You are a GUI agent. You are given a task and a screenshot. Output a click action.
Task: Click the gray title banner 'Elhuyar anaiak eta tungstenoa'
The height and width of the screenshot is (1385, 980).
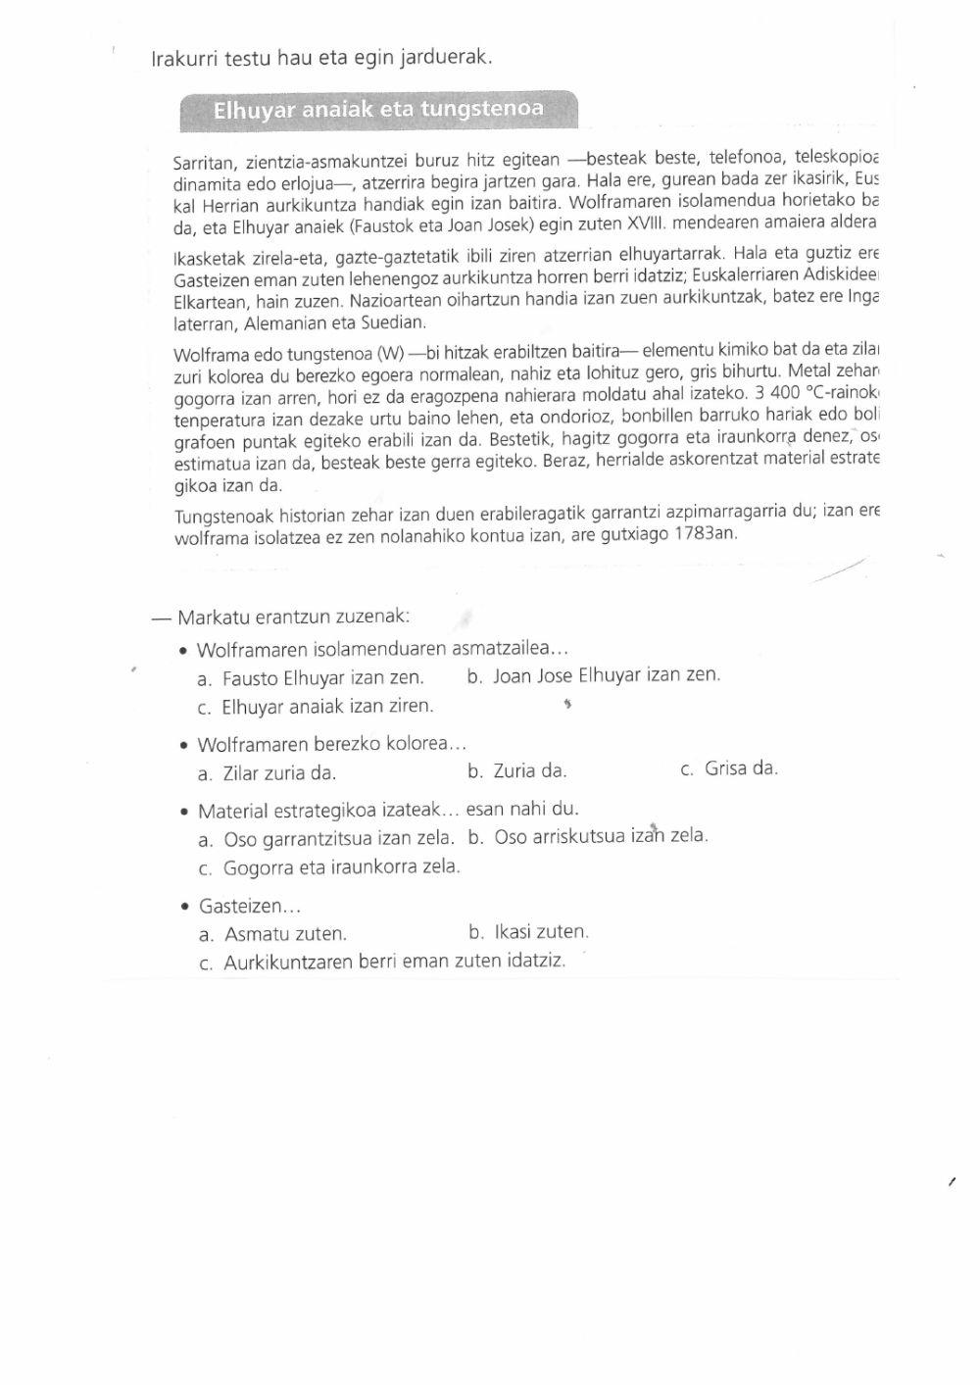tap(378, 110)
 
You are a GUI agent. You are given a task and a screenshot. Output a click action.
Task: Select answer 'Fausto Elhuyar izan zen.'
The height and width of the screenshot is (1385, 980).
tap(322, 678)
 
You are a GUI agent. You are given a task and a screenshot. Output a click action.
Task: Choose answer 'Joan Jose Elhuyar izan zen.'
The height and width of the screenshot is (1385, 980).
tap(606, 675)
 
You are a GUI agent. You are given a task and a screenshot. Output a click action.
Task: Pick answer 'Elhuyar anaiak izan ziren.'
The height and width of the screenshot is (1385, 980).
tap(327, 707)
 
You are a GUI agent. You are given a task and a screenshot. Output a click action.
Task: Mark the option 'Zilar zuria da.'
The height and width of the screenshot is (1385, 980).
tap(279, 773)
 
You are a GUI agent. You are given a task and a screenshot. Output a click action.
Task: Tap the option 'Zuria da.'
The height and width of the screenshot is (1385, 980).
tap(529, 771)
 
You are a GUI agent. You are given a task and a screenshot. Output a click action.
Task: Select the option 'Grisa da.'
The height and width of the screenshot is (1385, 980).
tap(741, 768)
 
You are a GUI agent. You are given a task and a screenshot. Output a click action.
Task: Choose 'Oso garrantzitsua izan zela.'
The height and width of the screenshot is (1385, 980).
tap(338, 839)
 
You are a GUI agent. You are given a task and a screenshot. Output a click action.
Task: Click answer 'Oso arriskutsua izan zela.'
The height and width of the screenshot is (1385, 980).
tap(600, 836)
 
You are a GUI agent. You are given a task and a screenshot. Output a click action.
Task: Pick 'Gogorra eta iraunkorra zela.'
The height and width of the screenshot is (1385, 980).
tap(341, 867)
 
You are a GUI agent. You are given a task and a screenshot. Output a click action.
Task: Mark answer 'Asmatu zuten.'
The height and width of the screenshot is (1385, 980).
tap(285, 934)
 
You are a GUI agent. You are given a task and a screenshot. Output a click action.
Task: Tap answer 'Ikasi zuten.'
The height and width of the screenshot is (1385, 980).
tap(541, 931)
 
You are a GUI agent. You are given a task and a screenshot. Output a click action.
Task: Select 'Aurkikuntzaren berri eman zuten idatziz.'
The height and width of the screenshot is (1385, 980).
tap(394, 962)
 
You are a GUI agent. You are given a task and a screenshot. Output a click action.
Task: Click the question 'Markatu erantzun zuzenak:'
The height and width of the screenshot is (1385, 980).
tap(293, 618)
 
